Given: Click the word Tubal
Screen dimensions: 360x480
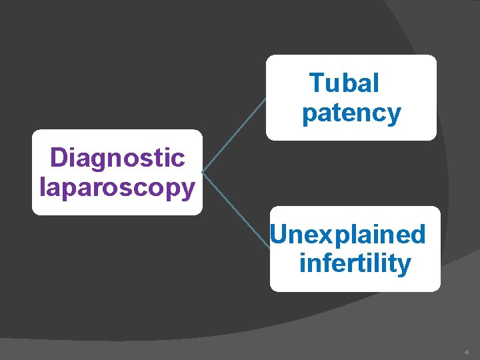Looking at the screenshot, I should point(344,83).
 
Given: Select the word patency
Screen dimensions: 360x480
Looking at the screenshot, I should point(351,113).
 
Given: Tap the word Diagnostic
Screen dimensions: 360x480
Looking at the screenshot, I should point(117,158).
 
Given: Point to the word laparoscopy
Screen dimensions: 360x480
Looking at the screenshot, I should point(117,187).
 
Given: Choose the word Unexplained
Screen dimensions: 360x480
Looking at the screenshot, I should point(348,234).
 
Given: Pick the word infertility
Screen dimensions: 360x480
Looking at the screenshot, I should point(355,263).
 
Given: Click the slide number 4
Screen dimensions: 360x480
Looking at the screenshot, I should point(467,351).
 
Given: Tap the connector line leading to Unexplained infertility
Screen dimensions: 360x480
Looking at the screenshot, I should point(236,211).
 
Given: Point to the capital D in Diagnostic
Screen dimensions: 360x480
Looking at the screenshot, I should point(59,158).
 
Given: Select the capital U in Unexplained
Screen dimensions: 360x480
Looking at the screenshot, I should point(279,234).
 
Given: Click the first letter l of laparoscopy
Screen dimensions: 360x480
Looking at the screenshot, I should point(42,187).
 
